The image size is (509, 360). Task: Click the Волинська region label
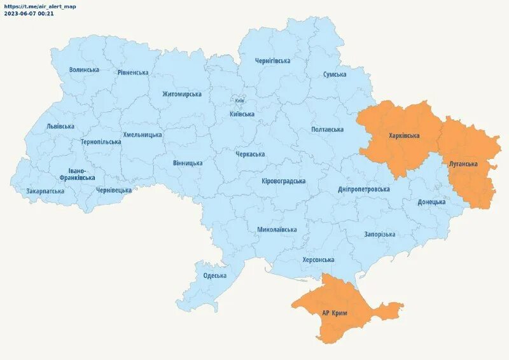tap(84, 70)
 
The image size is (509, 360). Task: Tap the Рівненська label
tap(133, 73)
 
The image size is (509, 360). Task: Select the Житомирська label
tap(181, 94)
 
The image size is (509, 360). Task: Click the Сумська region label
tap(335, 74)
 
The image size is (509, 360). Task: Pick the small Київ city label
tap(239, 100)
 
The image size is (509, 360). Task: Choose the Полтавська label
tap(327, 129)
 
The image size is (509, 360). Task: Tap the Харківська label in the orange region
tap(404, 136)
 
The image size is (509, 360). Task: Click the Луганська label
tap(463, 164)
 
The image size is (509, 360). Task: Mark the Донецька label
tap(431, 202)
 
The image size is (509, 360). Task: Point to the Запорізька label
tap(379, 234)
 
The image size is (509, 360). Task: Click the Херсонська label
tap(318, 260)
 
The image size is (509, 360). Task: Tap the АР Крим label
tap(335, 312)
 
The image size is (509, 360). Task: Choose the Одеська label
tap(214, 275)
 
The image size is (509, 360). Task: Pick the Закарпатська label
tap(45, 191)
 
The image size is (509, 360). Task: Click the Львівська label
tap(60, 127)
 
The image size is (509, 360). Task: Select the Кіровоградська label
tap(283, 181)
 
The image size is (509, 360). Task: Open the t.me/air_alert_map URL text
tap(39, 6)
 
